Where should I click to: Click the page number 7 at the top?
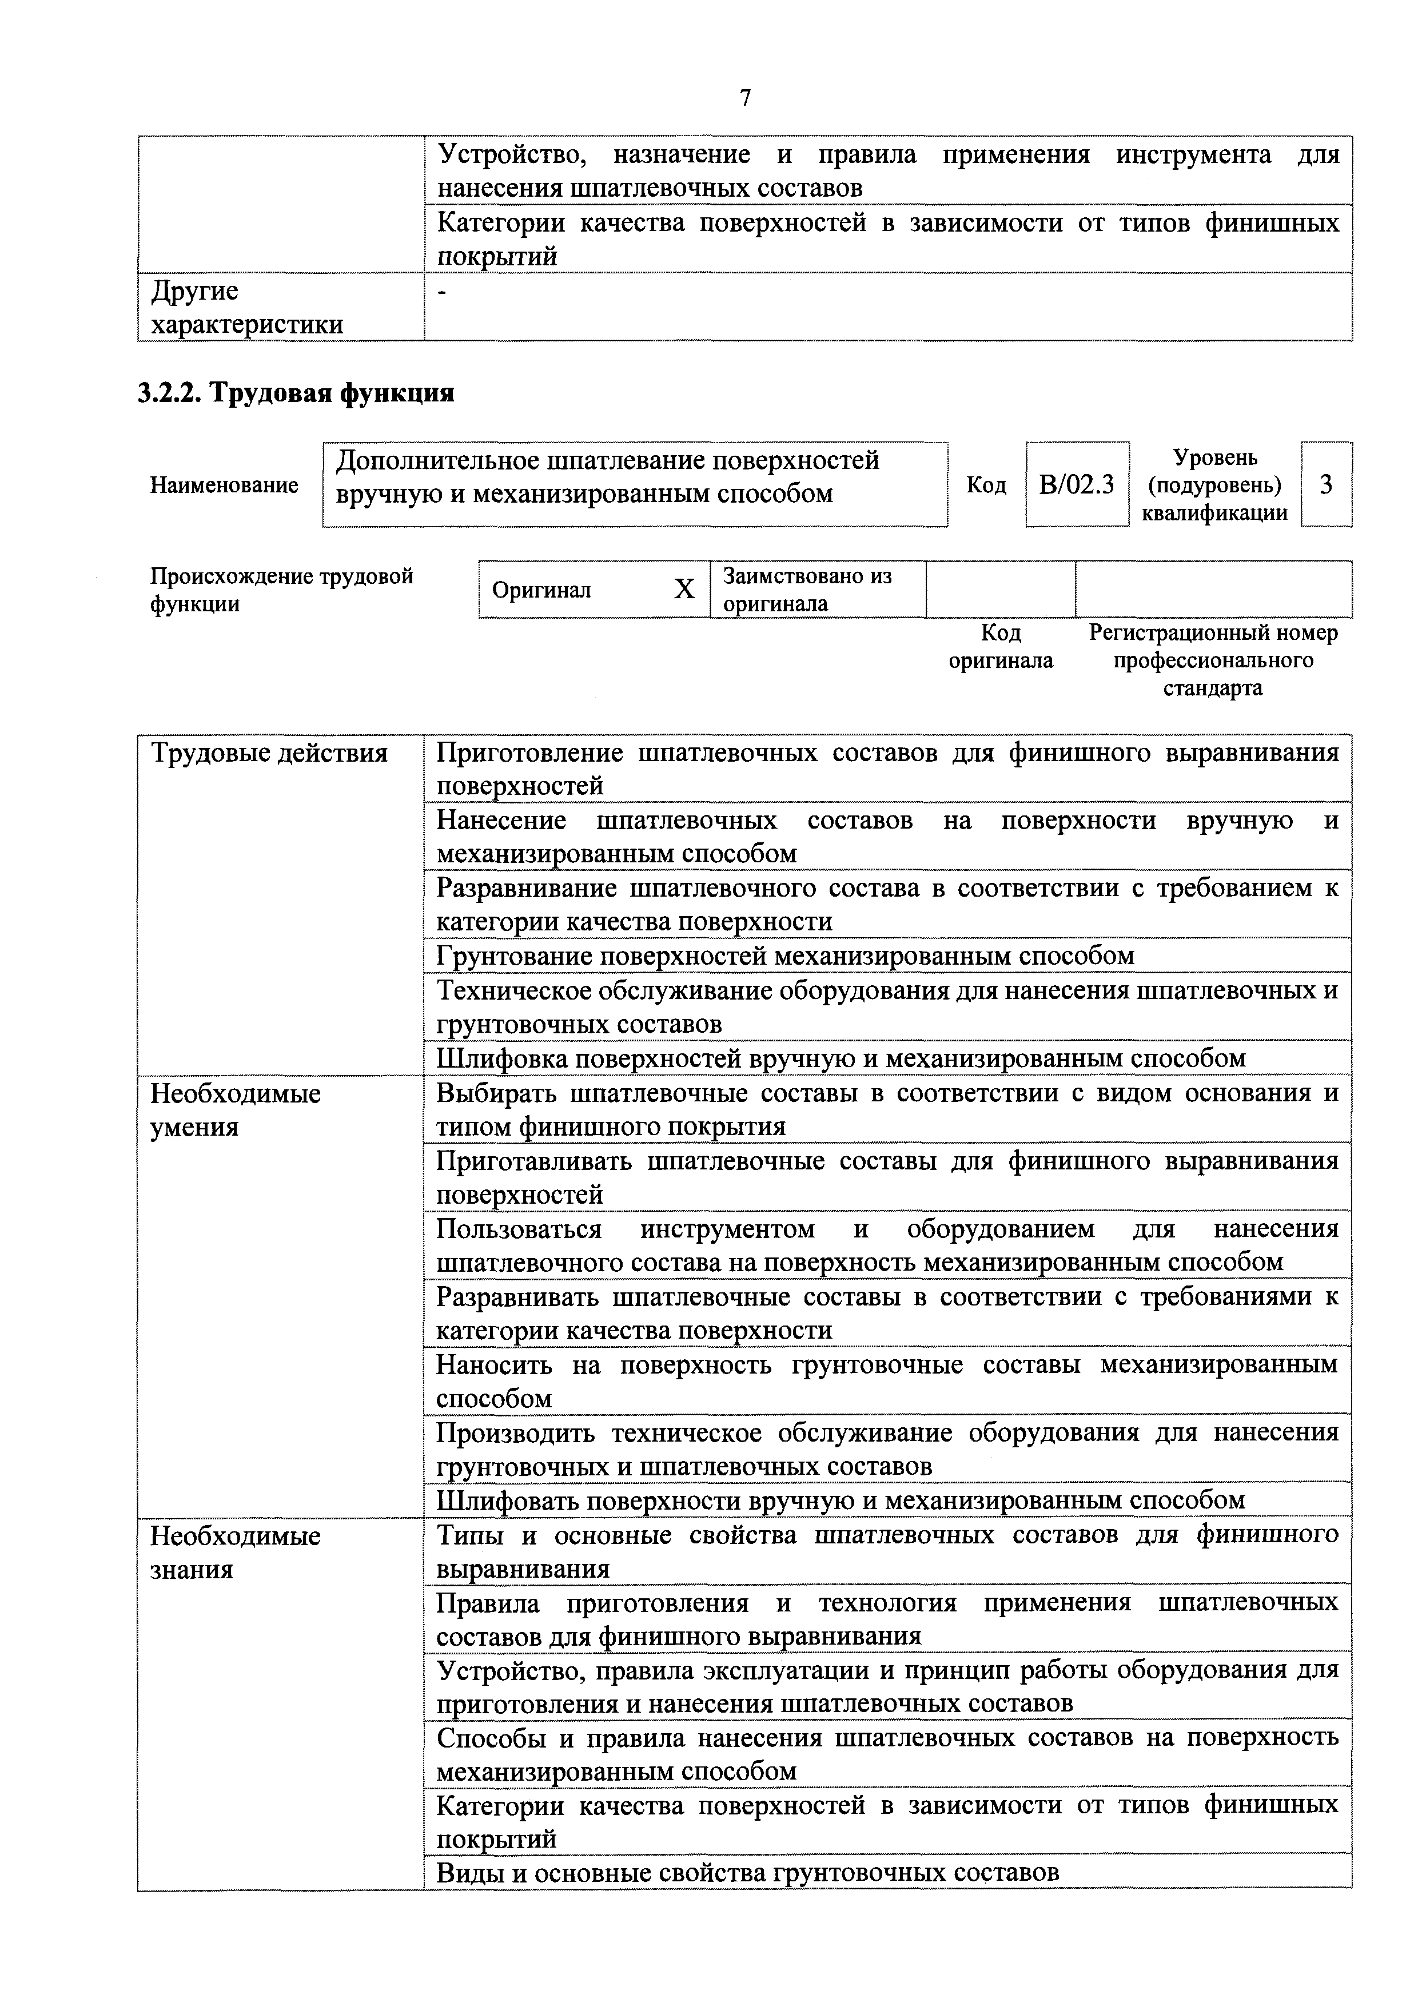(744, 98)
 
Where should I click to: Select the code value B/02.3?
(1077, 484)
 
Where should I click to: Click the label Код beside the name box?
(986, 485)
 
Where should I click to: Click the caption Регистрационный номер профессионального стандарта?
(1213, 660)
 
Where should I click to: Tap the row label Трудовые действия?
(269, 753)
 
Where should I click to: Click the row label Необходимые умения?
(236, 1109)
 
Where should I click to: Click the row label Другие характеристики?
(246, 308)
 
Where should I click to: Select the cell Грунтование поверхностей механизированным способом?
(784, 956)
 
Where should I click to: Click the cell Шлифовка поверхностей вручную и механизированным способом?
(841, 1058)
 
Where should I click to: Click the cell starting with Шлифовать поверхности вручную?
(841, 1500)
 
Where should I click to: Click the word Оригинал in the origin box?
(541, 590)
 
